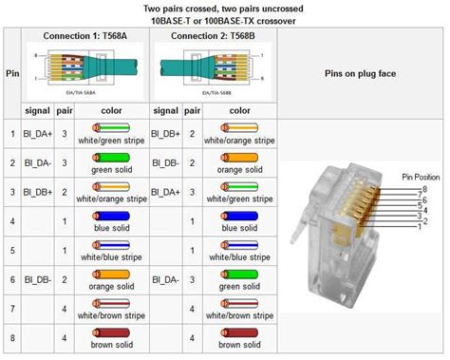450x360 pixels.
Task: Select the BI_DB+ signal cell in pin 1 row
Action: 169,132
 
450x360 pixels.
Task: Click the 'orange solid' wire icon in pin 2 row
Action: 234,158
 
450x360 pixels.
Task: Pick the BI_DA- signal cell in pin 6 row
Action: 169,280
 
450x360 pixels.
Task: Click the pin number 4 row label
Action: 12,221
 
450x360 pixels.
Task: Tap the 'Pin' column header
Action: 12,72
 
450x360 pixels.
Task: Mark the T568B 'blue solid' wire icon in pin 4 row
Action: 234,216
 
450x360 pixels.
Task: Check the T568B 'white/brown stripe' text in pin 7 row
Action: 234,316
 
